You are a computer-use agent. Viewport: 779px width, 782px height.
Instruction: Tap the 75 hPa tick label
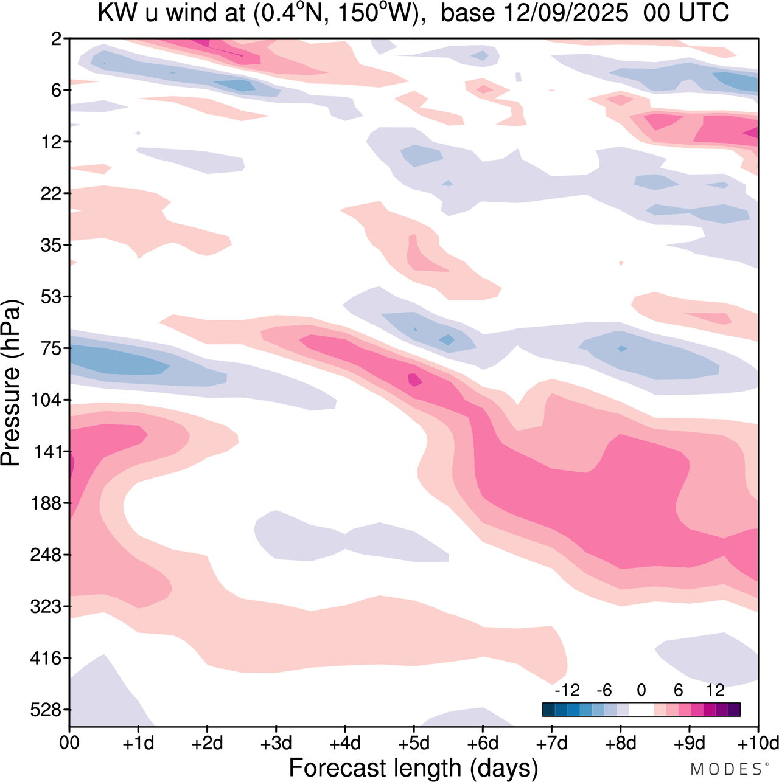48,348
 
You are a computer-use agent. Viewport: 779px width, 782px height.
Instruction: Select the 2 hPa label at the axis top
57,39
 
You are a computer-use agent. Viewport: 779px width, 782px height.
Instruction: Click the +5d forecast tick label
414,743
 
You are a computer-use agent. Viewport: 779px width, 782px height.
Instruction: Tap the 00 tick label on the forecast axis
69,743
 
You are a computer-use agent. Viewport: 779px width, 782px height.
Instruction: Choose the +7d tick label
551,743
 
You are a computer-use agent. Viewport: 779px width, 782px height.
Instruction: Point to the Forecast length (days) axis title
413,767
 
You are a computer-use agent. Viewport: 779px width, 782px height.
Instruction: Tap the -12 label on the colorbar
567,690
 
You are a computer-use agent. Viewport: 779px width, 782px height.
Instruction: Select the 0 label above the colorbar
641,690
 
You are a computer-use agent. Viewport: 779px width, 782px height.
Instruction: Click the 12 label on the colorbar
715,690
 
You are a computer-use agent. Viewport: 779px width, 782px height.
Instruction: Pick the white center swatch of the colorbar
641,710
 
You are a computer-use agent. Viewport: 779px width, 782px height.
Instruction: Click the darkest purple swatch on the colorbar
734,710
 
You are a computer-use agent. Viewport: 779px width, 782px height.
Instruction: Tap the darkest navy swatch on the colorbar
548,710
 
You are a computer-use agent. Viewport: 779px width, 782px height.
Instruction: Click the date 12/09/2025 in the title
534,13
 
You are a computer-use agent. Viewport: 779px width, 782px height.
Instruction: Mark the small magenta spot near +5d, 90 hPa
414,379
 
